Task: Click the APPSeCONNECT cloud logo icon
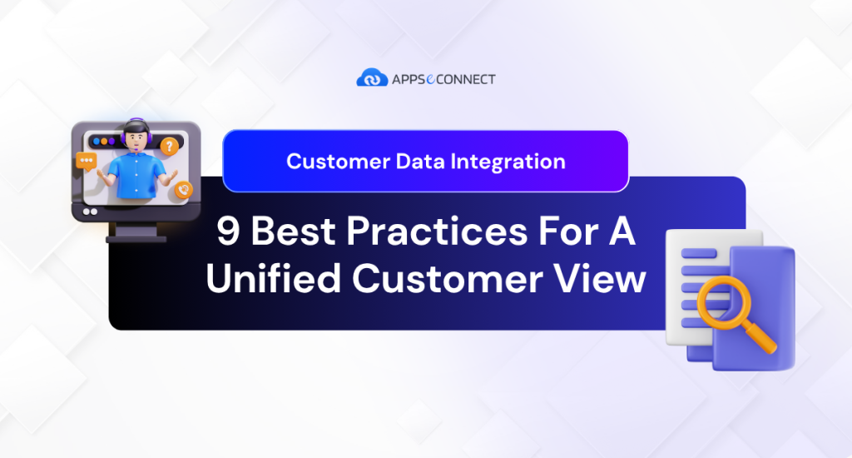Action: pos(372,78)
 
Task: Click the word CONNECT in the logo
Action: pos(468,79)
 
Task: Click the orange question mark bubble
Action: pos(170,147)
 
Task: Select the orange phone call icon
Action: pos(183,190)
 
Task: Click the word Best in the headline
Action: pos(297,232)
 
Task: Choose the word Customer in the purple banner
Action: pos(332,161)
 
